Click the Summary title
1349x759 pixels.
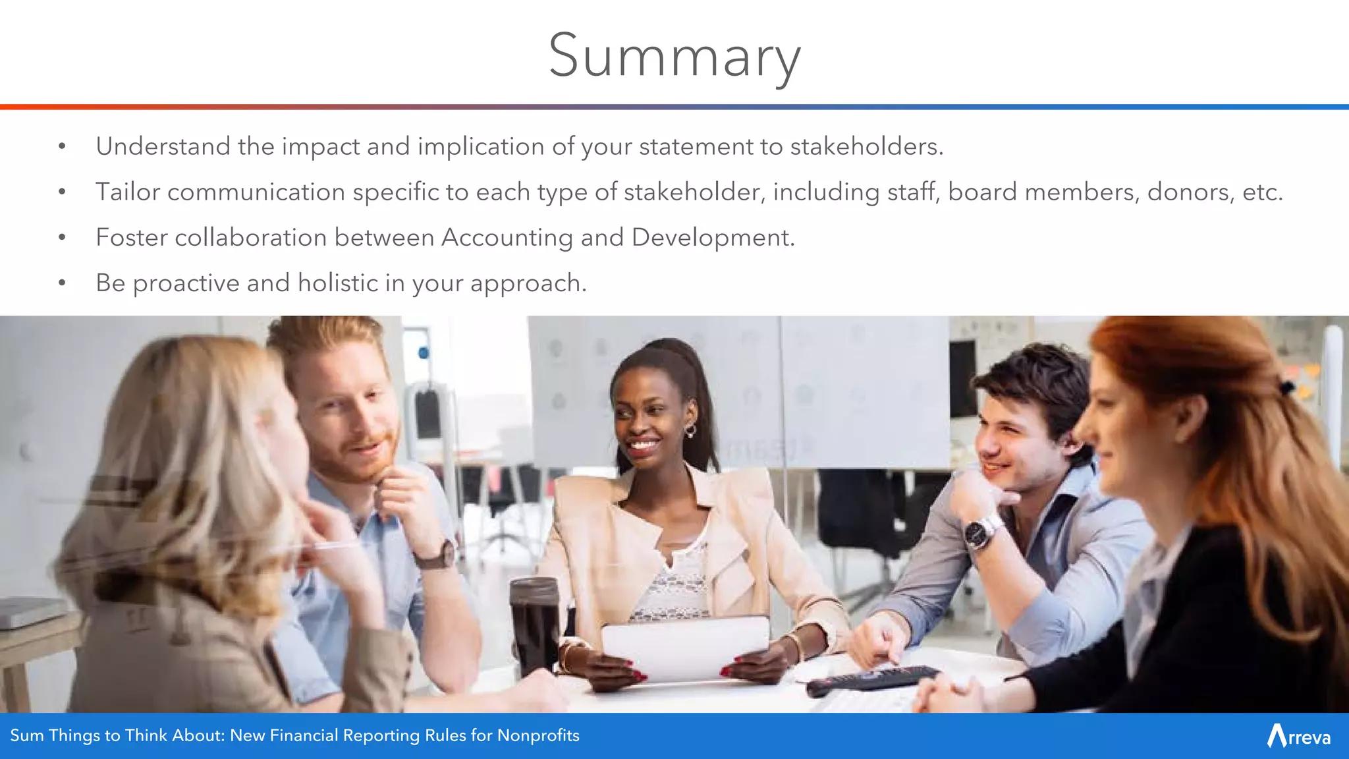tap(674, 57)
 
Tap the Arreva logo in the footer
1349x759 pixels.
tap(1298, 736)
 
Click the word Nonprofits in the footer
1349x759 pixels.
tap(538, 735)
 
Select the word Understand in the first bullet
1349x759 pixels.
tap(163, 146)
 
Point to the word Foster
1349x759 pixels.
tap(131, 238)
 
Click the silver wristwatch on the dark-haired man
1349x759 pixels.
tap(981, 532)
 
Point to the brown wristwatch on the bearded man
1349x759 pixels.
tap(437, 555)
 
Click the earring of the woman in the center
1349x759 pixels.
tap(690, 431)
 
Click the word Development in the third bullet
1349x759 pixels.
tap(712, 238)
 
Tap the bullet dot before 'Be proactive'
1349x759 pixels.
tap(62, 283)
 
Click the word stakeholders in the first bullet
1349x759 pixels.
tap(866, 146)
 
